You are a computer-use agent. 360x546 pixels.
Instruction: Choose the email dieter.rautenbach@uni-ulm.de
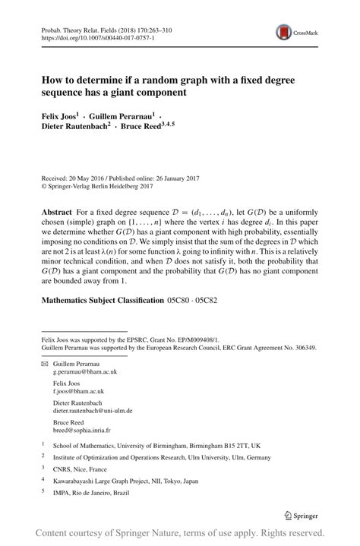tap(93, 410)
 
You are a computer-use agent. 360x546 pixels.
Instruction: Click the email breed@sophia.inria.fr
tap(81, 429)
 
